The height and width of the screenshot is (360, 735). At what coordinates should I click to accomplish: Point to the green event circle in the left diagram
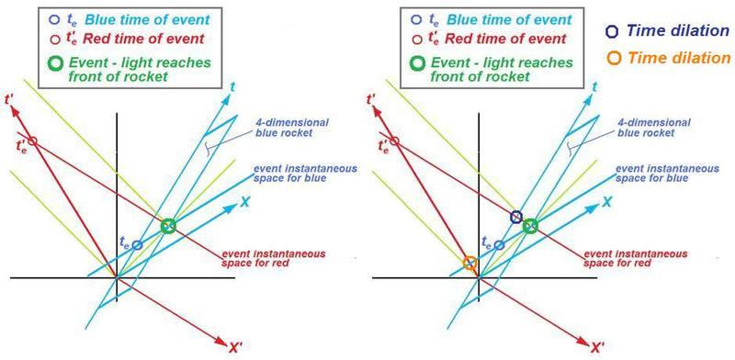coord(167,226)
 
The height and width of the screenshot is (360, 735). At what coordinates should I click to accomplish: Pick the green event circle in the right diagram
coord(530,226)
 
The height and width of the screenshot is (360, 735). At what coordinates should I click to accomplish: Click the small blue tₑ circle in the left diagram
coord(138,245)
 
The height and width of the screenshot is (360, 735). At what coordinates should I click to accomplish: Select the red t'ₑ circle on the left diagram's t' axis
coord(32,141)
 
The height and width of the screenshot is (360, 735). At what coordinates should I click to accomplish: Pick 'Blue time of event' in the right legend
coord(502,17)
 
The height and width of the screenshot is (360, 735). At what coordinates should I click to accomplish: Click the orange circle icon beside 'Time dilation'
coord(611,57)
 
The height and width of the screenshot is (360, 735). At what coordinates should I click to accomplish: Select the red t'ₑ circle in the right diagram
coord(395,141)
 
